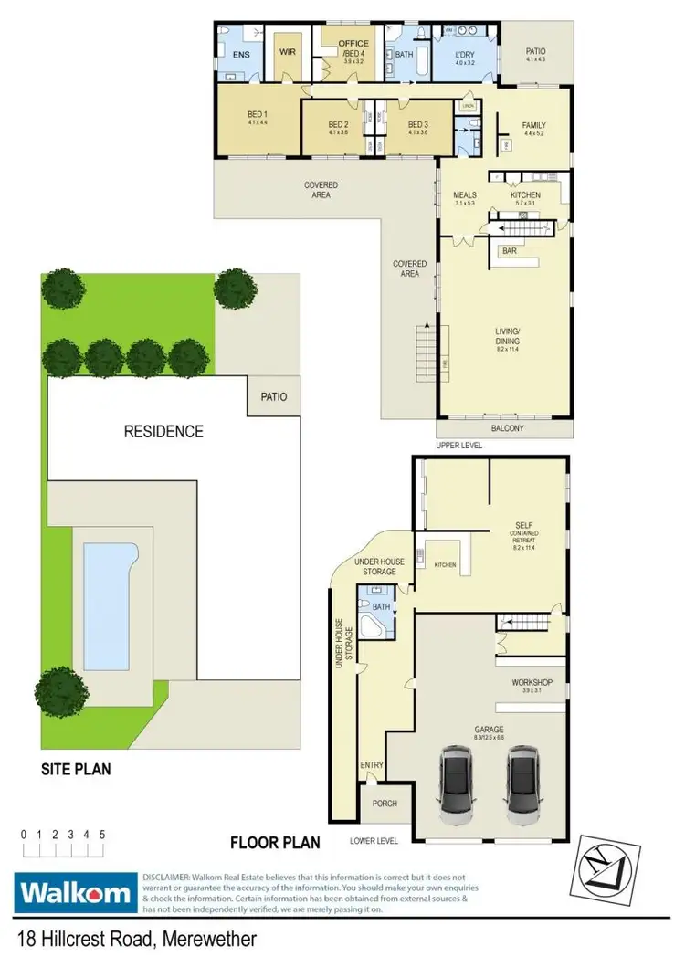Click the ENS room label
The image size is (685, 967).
coord(240,55)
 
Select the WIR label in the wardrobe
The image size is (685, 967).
coord(288,52)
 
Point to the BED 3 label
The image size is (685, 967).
coord(418,124)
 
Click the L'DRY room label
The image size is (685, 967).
coord(466,55)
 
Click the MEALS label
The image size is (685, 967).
coord(465,195)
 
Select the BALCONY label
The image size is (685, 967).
coord(507,427)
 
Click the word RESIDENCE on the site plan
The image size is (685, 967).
coord(163,432)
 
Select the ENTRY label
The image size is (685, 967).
coord(372,765)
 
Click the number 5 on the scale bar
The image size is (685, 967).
coord(102,835)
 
